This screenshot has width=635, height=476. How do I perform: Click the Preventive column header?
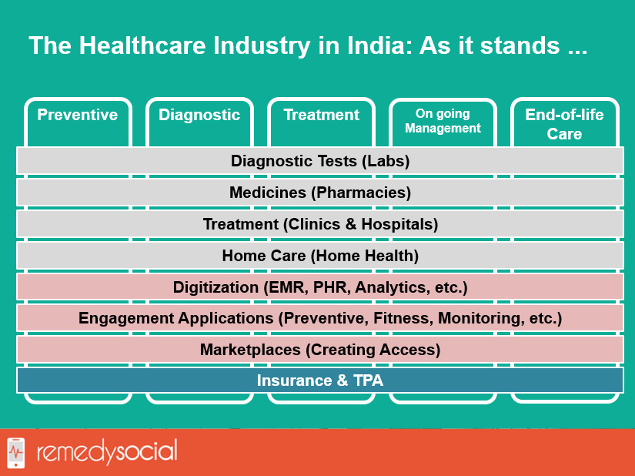point(77,115)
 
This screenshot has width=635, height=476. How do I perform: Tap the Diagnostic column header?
point(199,115)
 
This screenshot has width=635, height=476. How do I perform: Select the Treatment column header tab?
point(321,115)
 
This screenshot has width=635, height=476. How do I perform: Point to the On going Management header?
point(443,121)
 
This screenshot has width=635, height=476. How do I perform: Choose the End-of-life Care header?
point(564,124)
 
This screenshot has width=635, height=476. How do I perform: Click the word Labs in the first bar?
point(386,161)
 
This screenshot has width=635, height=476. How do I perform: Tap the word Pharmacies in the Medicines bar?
point(361,193)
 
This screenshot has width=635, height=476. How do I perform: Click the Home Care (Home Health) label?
point(320,256)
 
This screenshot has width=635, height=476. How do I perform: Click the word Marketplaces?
point(250,350)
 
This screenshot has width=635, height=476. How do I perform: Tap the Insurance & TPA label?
point(320,380)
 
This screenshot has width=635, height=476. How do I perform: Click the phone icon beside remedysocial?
point(16,452)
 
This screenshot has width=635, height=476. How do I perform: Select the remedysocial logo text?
point(107,451)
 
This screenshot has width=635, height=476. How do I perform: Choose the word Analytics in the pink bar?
point(392,287)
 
